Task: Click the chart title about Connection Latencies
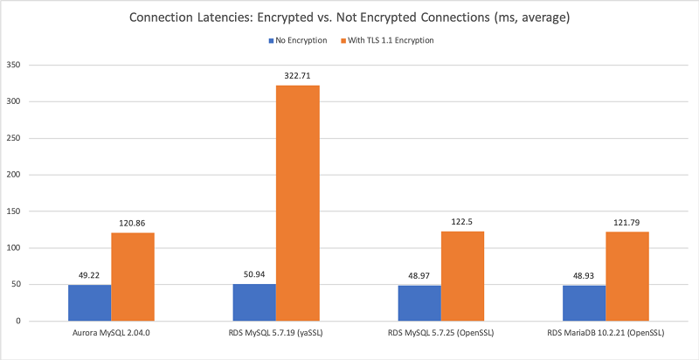click(349, 17)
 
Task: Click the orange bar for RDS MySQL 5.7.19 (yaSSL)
click(298, 203)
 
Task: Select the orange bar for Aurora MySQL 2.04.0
click(133, 276)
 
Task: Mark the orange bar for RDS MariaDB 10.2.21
click(626, 276)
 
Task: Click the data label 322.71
click(298, 76)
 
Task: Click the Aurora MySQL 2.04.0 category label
click(112, 334)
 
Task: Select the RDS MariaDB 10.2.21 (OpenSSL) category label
click(606, 334)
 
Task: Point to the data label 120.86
click(133, 224)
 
